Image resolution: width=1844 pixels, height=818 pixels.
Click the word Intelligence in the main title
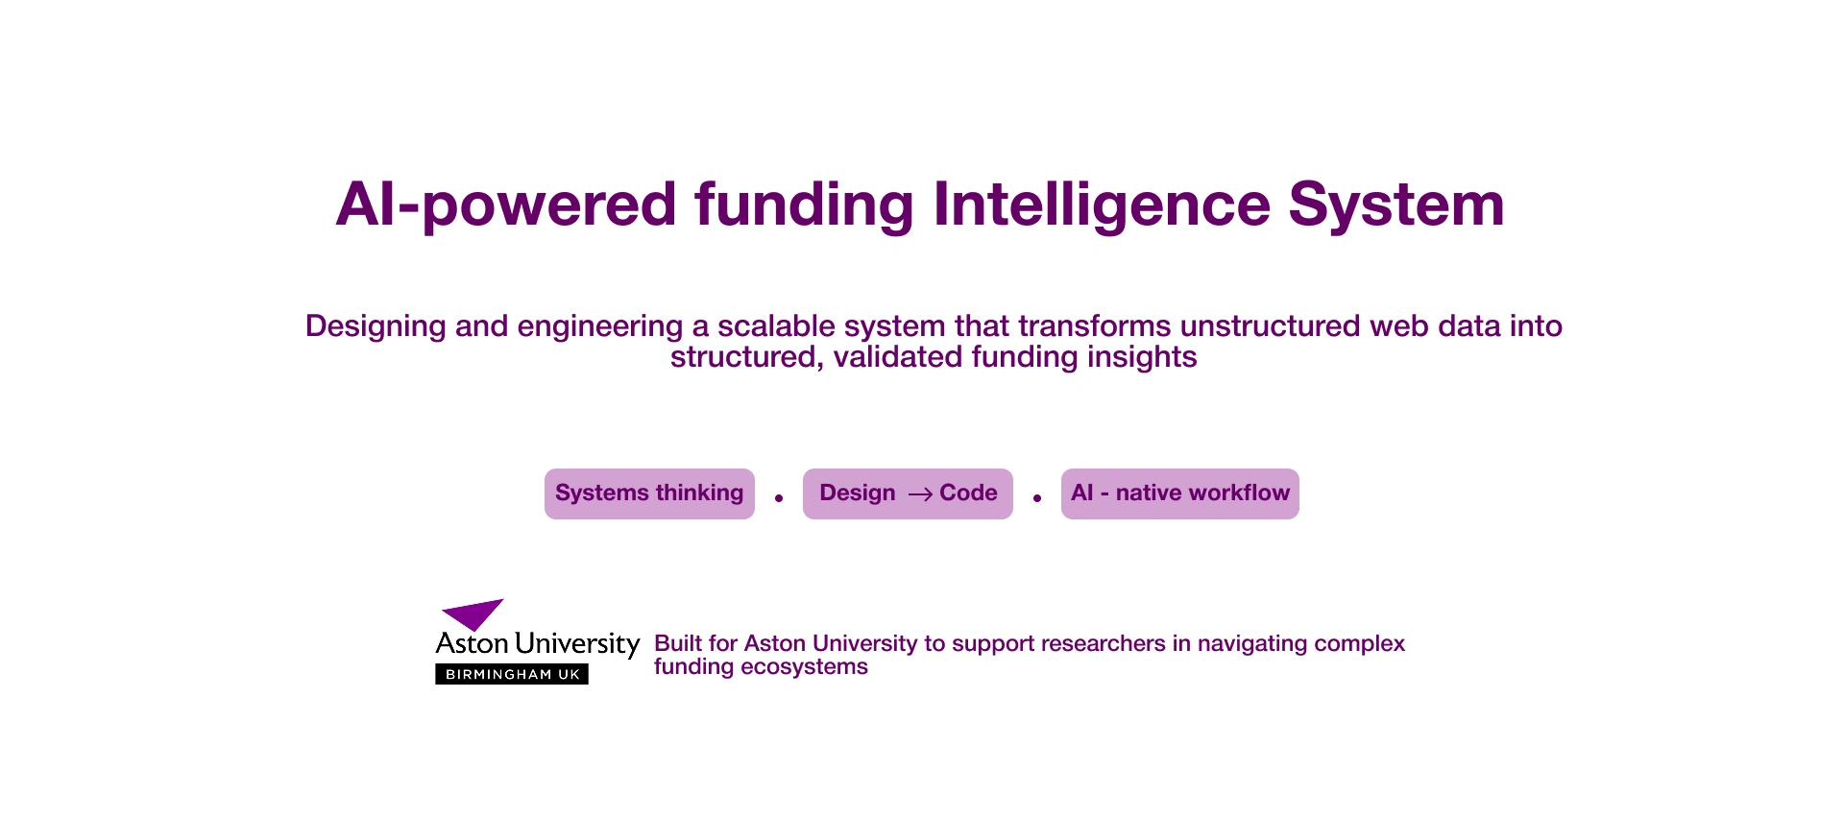(x=1102, y=205)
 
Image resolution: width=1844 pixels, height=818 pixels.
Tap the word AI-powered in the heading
(x=506, y=205)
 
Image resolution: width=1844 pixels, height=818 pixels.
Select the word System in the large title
(x=1396, y=204)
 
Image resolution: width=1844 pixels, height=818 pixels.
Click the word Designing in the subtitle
(x=376, y=327)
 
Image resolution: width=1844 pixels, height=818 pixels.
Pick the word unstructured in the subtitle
(x=1271, y=326)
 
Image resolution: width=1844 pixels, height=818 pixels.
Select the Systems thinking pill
(x=649, y=493)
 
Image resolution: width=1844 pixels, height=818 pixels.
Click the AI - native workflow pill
(x=1180, y=493)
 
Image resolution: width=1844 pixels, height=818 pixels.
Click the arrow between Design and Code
(x=920, y=494)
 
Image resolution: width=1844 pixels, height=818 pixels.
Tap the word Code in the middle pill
(x=968, y=493)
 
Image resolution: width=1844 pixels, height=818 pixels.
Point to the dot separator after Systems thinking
(x=779, y=497)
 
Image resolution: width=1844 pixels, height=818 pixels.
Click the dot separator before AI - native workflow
(x=1037, y=497)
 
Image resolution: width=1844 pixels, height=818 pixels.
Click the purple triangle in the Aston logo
(x=473, y=613)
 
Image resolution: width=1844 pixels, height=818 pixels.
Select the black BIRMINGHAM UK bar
(x=512, y=674)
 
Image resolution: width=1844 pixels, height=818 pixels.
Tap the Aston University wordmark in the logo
(x=538, y=644)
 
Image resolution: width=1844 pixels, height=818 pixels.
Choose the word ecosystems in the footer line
(x=804, y=667)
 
